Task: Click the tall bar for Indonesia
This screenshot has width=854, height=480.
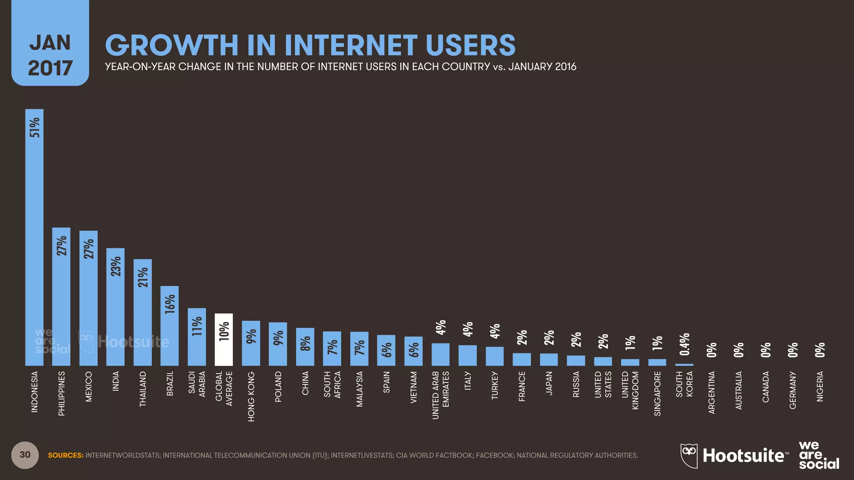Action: tap(34, 237)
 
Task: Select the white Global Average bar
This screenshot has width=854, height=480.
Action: tap(224, 340)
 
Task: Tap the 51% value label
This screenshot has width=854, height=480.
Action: tap(35, 127)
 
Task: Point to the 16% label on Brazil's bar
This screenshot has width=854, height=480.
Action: tap(170, 304)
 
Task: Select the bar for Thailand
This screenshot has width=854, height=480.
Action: tap(143, 312)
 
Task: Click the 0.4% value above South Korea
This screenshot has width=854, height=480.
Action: tap(685, 344)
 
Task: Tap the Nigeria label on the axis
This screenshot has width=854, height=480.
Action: tap(820, 387)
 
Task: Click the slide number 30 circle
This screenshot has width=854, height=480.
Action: tap(25, 455)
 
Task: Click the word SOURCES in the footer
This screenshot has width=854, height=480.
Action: tap(65, 455)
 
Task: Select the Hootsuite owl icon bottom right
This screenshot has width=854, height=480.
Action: tap(689, 456)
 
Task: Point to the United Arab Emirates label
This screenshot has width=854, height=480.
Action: tap(440, 395)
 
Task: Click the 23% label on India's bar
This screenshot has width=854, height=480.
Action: tap(116, 266)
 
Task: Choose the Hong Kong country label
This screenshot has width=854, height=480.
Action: tap(251, 396)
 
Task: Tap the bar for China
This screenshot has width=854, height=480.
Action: tap(305, 347)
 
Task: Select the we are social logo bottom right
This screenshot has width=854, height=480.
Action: tap(819, 455)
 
